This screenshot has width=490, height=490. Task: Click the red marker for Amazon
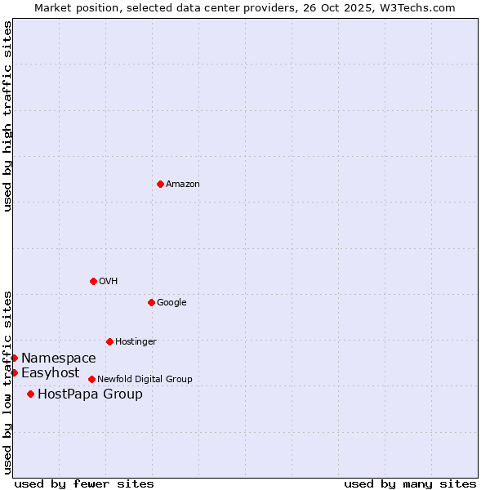pyautogui.click(x=160, y=184)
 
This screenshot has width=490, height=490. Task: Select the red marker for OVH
pyautogui.click(x=93, y=281)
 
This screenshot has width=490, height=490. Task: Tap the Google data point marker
pyautogui.click(x=151, y=302)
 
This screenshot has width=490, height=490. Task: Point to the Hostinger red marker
pyautogui.click(x=109, y=341)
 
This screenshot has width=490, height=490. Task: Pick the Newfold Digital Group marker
pyautogui.click(x=91, y=379)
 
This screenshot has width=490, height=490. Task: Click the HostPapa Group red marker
pyautogui.click(x=30, y=394)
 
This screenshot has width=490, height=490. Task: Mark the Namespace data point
pyautogui.click(x=14, y=358)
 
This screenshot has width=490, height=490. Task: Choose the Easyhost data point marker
pyautogui.click(x=14, y=372)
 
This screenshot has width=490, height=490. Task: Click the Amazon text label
pyautogui.click(x=182, y=185)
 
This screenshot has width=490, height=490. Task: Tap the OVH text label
pyautogui.click(x=108, y=282)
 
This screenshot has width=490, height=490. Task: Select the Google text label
pyautogui.click(x=171, y=303)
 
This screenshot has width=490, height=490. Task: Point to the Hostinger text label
pyautogui.click(x=136, y=342)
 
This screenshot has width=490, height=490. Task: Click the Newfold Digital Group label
pyautogui.click(x=145, y=380)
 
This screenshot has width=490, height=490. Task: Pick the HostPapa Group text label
pyautogui.click(x=90, y=394)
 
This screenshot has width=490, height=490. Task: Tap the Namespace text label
pyautogui.click(x=59, y=359)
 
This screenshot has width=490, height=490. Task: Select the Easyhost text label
pyautogui.click(x=51, y=373)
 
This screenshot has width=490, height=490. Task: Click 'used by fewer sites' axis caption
pyautogui.click(x=84, y=483)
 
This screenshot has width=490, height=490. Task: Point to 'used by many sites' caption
pyautogui.click(x=410, y=483)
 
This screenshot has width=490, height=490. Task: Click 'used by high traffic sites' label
pyautogui.click(x=7, y=116)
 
